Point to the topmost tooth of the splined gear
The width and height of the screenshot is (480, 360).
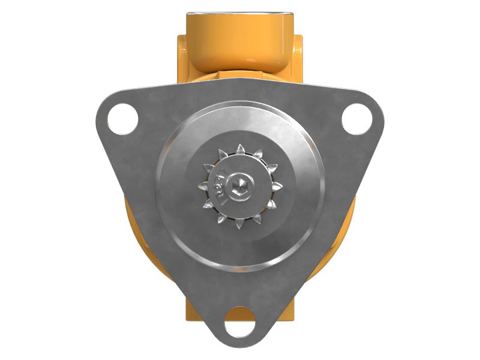pos(241,148)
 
